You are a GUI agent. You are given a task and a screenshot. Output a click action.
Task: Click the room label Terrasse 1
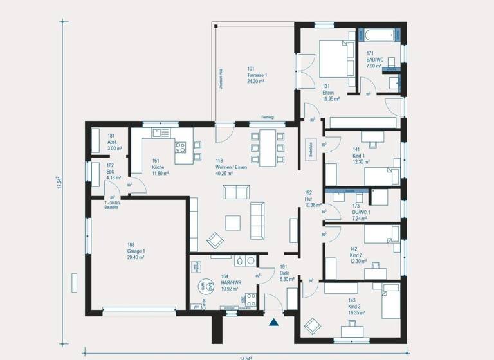click(x=257, y=75)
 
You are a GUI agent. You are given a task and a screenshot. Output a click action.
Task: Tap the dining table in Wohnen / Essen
click(x=266, y=148)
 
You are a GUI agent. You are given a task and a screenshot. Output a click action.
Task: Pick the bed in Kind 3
click(x=389, y=301)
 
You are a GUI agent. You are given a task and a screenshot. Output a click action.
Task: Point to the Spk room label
click(x=110, y=172)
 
